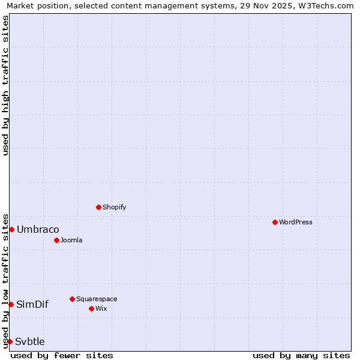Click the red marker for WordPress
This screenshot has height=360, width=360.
(275, 222)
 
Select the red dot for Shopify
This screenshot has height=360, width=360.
(98, 207)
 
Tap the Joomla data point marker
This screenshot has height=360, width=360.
(56, 240)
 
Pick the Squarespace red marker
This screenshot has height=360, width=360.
(72, 299)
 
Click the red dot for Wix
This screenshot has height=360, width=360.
(91, 308)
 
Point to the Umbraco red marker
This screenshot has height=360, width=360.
(11, 229)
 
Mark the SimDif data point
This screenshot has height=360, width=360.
(11, 304)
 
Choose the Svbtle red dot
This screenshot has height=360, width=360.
(10, 341)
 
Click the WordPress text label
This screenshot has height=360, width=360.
(295, 222)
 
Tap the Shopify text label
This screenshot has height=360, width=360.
(114, 207)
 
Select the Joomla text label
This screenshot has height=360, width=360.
(71, 240)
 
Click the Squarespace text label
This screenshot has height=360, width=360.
(97, 299)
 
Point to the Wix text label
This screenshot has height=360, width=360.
(101, 308)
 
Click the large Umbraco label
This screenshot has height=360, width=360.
(38, 230)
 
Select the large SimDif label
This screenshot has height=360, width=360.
(32, 304)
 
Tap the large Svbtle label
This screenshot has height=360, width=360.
(30, 341)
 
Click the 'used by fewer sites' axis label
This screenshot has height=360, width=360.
(62, 355)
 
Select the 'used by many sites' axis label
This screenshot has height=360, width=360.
(301, 355)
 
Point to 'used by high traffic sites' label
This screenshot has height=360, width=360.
(5, 85)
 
